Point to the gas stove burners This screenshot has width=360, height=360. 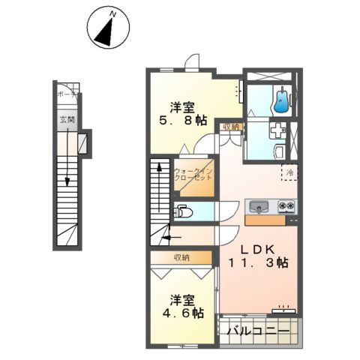285,205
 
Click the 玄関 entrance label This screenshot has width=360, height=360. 66,120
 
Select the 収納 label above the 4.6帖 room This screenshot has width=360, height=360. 181,257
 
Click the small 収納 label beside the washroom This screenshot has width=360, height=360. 230,127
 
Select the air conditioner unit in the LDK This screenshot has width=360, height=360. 284,306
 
